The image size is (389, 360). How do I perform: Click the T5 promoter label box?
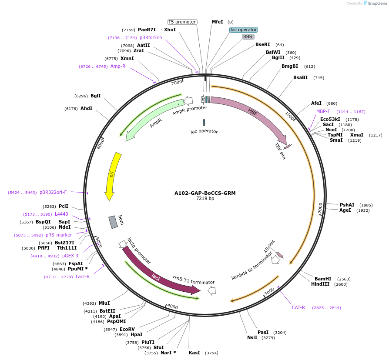click(x=182, y=22)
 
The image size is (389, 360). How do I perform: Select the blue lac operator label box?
click(x=244, y=30)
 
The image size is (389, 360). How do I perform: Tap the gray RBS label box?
click(x=248, y=37)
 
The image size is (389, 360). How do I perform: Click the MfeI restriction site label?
click(x=217, y=22)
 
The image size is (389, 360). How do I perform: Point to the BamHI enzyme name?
click(x=323, y=279)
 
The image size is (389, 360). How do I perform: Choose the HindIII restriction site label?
click(x=320, y=284)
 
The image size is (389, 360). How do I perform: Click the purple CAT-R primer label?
click(x=298, y=307)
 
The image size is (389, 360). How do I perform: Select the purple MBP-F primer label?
click(x=323, y=111)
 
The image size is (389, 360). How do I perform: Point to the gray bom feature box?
click(x=113, y=222)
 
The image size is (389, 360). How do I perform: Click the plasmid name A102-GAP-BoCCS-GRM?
click(x=205, y=193)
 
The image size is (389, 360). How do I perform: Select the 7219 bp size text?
click(x=205, y=199)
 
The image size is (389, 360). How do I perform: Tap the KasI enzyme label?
click(x=194, y=353)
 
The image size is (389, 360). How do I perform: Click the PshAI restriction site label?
click(x=347, y=205)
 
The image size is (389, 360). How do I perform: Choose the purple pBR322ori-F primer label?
click(x=53, y=192)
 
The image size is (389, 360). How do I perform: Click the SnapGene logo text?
click(x=376, y=3)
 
